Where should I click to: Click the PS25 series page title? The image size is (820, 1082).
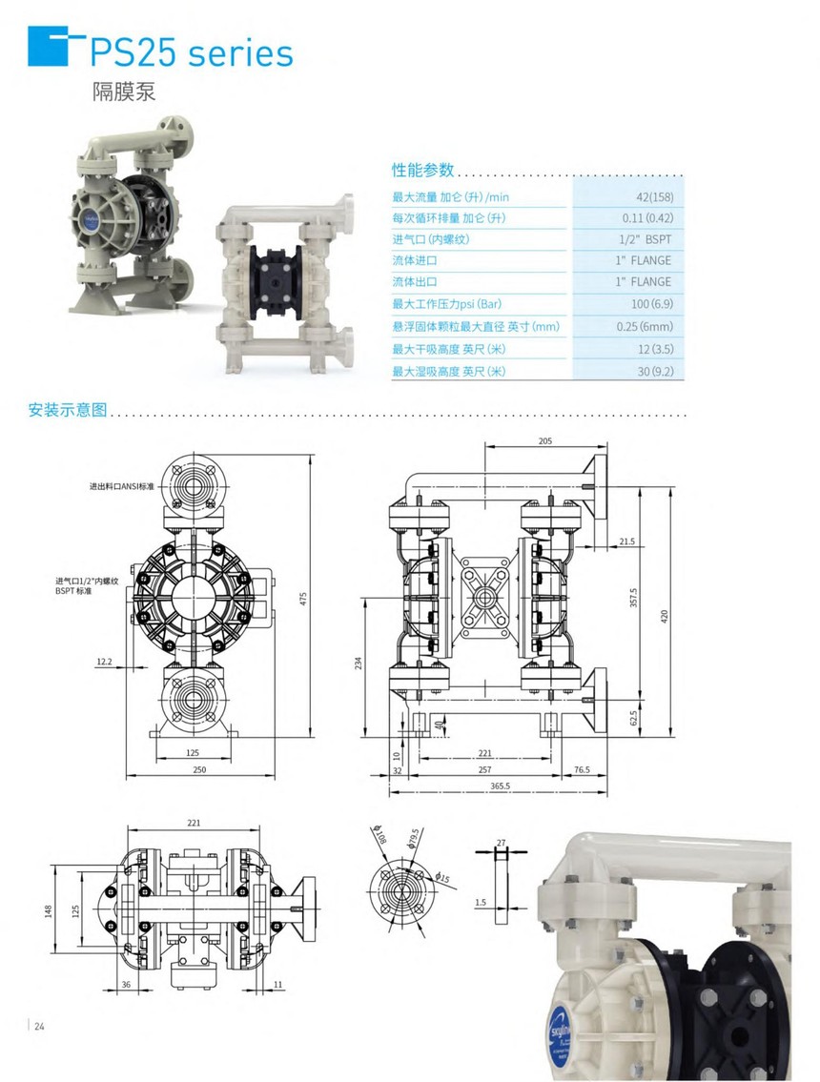pos(191,52)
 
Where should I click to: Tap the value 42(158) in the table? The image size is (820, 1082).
pos(654,196)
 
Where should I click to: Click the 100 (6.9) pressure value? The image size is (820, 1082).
pos(651,304)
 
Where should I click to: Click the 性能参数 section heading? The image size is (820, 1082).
pos(423,171)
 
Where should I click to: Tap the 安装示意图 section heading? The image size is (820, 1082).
pos(68,411)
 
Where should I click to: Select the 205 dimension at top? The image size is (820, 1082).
pos(544,441)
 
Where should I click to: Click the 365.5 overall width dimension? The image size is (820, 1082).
pos(500,786)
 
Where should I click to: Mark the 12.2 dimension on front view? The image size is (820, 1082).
pos(104,661)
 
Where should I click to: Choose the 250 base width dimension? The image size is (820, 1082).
pos(199,769)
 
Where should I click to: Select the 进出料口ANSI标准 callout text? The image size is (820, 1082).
pos(124,486)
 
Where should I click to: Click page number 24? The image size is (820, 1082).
pos(39,1026)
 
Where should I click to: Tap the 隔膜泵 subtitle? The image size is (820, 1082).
pos(123,92)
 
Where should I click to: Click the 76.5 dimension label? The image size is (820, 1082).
pos(581,769)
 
